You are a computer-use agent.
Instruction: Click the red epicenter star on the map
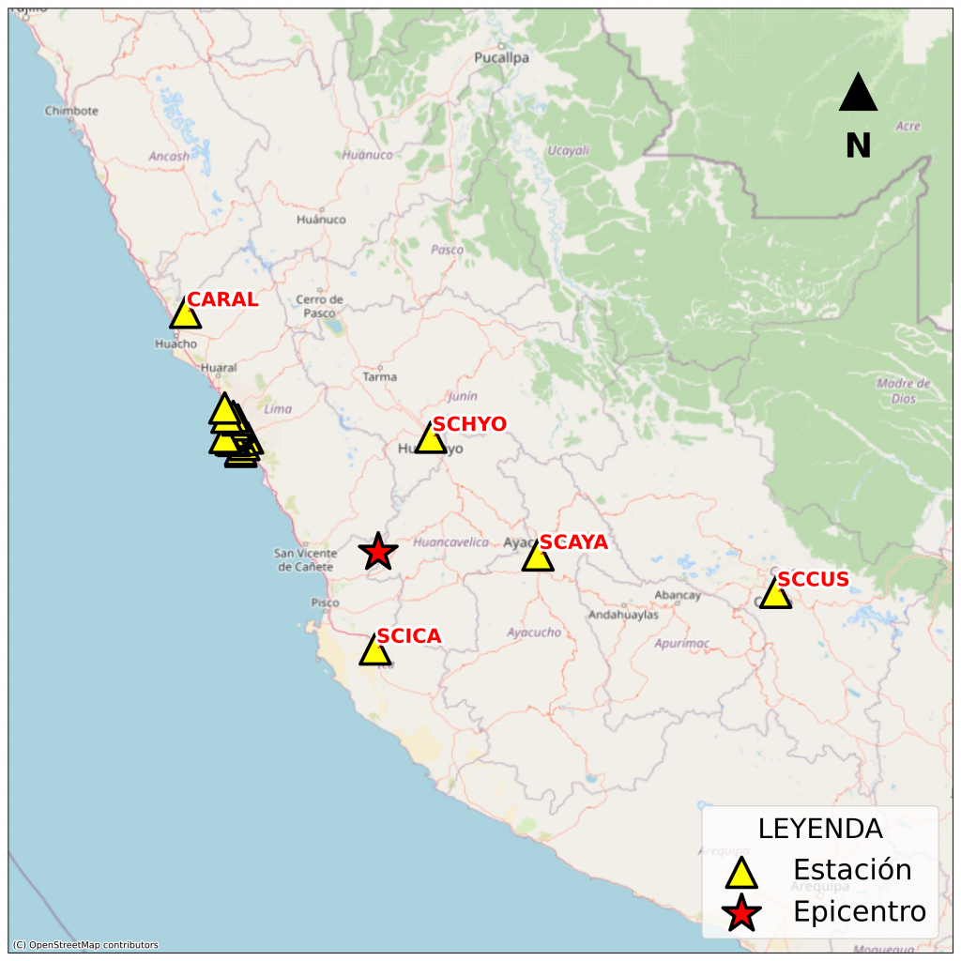(x=377, y=552)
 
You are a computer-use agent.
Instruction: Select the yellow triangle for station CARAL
(x=185, y=314)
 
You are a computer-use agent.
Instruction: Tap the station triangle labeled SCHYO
(x=430, y=438)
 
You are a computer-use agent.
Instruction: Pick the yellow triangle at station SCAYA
(x=538, y=557)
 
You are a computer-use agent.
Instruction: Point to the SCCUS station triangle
(x=775, y=594)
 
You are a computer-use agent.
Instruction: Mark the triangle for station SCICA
(x=374, y=650)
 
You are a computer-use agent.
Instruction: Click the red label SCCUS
(x=813, y=580)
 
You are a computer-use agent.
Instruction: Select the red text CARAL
(x=222, y=300)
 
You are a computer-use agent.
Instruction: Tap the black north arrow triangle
(x=858, y=94)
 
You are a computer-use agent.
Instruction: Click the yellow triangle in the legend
(x=741, y=873)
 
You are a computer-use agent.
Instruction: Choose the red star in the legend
(x=741, y=912)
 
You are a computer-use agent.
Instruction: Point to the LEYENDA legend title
(x=820, y=829)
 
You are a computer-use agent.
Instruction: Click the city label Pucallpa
(x=502, y=57)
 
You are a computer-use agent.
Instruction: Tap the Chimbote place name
(x=71, y=111)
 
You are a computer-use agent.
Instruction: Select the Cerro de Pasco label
(x=320, y=306)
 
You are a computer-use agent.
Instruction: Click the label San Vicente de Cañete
(x=305, y=560)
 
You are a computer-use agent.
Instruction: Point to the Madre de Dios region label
(x=903, y=389)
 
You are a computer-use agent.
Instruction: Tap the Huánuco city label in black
(x=321, y=220)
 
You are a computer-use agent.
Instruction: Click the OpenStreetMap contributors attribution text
(x=85, y=945)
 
